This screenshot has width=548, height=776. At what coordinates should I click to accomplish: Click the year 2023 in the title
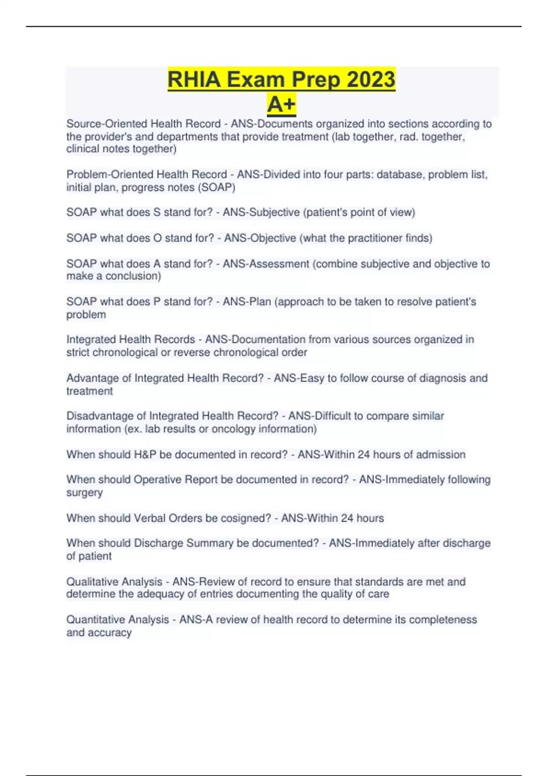371,79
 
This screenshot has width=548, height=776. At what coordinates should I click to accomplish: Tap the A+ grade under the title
281,105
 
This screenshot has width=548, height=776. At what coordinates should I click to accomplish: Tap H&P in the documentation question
145,454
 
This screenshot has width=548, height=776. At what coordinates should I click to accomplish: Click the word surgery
84,493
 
